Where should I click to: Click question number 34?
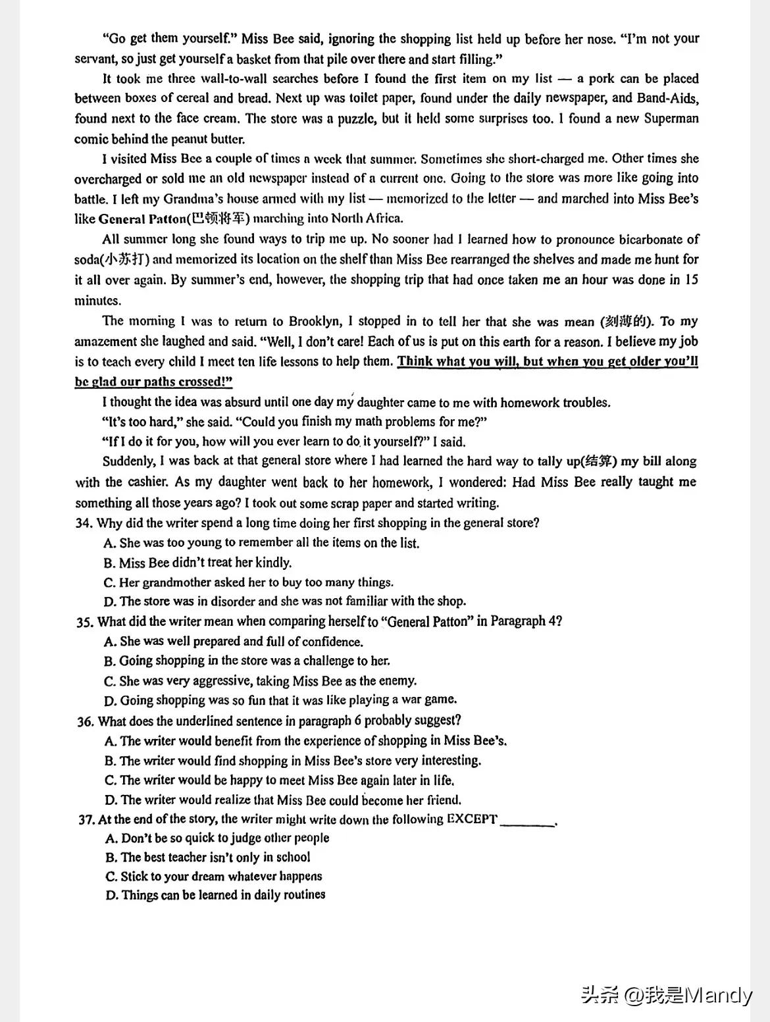point(85,523)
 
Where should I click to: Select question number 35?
point(86,622)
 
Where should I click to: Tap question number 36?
point(86,721)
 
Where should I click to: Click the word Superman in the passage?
point(671,118)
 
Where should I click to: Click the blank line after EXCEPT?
point(527,822)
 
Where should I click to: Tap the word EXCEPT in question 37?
point(472,819)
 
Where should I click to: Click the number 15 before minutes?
point(691,280)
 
